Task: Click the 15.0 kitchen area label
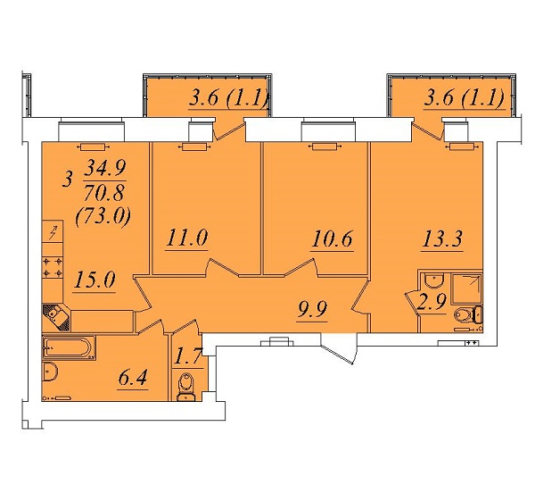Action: click(95, 280)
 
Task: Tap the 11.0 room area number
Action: click(187, 238)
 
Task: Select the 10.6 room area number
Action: click(333, 238)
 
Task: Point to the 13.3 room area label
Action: click(442, 238)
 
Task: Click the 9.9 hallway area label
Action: click(312, 309)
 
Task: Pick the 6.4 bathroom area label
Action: click(133, 377)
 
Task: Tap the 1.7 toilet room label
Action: click(188, 356)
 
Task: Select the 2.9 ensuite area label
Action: click(432, 302)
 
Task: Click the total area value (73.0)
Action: click(103, 216)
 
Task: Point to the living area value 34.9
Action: click(105, 168)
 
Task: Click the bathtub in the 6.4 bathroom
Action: click(69, 347)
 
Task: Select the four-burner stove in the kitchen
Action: click(53, 267)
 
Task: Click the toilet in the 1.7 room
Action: click(186, 387)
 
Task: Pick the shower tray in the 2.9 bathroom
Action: click(466, 289)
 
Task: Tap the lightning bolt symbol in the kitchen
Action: click(53, 232)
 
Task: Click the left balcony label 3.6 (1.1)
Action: click(228, 98)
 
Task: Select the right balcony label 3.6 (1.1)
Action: click(465, 98)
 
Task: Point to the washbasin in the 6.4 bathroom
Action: click(50, 372)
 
